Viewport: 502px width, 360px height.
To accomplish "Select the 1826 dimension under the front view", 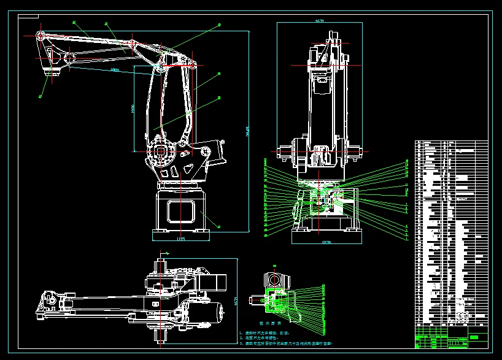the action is tap(326, 243).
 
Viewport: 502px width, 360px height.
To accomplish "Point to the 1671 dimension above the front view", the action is tap(319, 21).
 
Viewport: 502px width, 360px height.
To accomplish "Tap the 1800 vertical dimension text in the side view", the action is tap(133, 109).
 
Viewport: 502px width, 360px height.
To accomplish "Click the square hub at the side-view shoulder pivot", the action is tap(161, 151).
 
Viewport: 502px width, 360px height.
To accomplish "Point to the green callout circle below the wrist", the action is tap(41, 96).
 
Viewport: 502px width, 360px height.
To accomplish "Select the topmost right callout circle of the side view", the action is tap(220, 25).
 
